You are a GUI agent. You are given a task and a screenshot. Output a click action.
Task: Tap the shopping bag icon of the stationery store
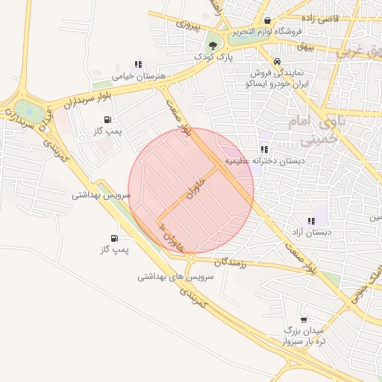pyautogui.click(x=267, y=20)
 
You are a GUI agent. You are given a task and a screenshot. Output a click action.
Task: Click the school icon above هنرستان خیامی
pyautogui.click(x=137, y=64)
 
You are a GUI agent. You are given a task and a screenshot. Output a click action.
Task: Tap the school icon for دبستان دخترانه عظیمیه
pyautogui.click(x=264, y=149)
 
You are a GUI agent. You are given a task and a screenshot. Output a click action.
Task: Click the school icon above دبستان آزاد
pyautogui.click(x=311, y=221)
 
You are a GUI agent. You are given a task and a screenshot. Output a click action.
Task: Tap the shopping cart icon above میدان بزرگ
pyautogui.click(x=303, y=319)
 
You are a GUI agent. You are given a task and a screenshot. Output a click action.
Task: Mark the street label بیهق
pyautogui.click(x=303, y=46)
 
